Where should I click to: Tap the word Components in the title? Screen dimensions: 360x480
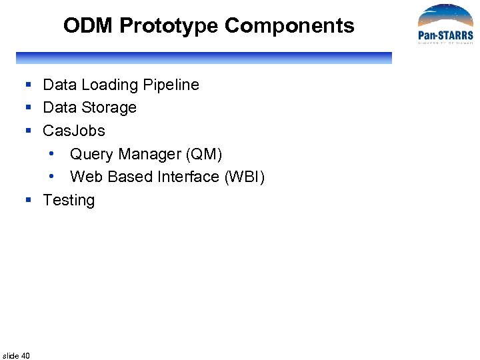pos(289,26)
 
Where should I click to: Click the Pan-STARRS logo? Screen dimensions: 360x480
pos(445,25)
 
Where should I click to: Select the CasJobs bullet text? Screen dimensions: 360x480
pos(74,131)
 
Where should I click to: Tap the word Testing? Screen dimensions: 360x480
pos(69,201)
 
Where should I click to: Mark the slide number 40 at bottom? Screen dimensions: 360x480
pos(17,355)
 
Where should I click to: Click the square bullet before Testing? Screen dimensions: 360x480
pos(29,200)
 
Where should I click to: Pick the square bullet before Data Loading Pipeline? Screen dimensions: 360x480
pos(29,85)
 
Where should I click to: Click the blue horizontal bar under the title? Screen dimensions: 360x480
pos(203,58)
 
